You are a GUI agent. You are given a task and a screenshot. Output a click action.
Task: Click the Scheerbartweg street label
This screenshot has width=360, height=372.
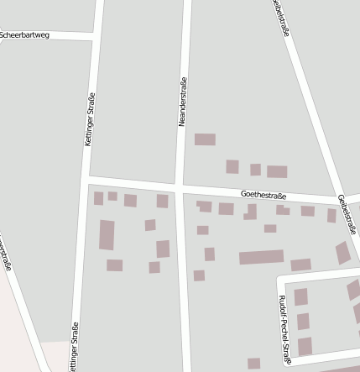pyautogui.click(x=25, y=35)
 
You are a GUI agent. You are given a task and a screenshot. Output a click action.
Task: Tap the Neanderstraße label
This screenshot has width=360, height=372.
pyautogui.click(x=182, y=102)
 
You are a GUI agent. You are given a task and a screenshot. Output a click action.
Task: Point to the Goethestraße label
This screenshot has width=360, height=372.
pyautogui.click(x=263, y=196)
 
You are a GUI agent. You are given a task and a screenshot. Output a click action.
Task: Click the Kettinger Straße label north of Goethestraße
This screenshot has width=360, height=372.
pyautogui.click(x=90, y=121)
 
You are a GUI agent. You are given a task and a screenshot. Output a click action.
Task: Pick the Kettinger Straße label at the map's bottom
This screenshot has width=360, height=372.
pyautogui.click(x=74, y=347)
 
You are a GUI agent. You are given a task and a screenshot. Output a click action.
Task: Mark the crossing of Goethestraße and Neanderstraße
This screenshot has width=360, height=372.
pyautogui.click(x=180, y=185)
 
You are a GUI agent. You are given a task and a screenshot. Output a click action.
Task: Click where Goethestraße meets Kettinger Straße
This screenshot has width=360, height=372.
pyautogui.click(x=86, y=179)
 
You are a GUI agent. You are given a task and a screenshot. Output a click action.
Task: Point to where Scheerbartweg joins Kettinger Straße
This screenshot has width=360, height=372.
pyautogui.click(x=95, y=37)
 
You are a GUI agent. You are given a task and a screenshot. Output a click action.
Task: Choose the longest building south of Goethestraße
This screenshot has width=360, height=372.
pyautogui.click(x=261, y=257)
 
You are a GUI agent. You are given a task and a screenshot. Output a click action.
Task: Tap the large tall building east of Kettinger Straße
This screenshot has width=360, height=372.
pyautogui.click(x=107, y=235)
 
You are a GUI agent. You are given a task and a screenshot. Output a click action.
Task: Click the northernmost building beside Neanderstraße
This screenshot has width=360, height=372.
pyautogui.click(x=205, y=139)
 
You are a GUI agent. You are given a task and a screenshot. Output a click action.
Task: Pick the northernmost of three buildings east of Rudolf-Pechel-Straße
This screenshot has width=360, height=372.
pyautogui.click(x=300, y=296)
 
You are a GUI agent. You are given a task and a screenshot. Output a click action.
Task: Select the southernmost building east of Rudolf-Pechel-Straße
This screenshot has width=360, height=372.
pyautogui.click(x=305, y=345)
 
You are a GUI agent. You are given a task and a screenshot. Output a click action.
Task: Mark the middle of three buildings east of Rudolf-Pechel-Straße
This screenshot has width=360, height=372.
pyautogui.click(x=303, y=321)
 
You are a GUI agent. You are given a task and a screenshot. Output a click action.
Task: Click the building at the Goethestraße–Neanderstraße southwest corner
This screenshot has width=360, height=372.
pyautogui.click(x=162, y=201)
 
